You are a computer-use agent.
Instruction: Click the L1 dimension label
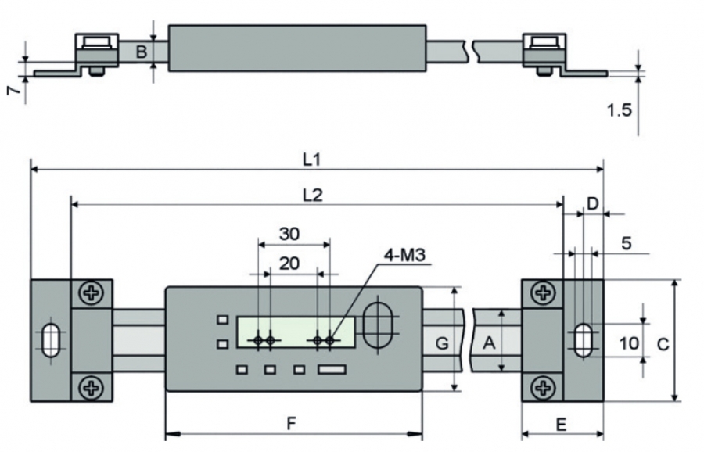point(311,159)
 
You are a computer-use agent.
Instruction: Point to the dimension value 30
point(289,233)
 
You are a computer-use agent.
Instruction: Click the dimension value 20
point(289,264)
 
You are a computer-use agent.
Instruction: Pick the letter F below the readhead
point(291,424)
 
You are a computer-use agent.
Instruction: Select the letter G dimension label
point(442,343)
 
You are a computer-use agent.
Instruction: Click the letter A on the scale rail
point(490,343)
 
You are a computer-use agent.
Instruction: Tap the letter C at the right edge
point(662,343)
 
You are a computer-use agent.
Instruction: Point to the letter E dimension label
point(561,424)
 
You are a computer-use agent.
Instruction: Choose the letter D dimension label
point(592,203)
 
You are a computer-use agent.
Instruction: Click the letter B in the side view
point(142,52)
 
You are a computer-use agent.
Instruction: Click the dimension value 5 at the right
point(626,242)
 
